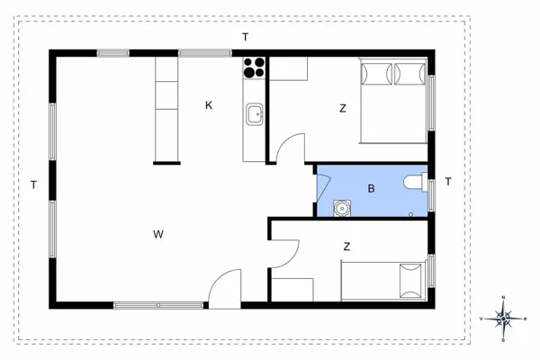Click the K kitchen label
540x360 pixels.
coord(209,105)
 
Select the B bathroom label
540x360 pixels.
coord(370,189)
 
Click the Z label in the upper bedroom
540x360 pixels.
coord(343,108)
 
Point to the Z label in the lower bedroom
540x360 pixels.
coord(346,246)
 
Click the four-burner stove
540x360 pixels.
coord(254,67)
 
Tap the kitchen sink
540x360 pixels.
coord(255,113)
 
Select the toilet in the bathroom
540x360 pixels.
coord(416,183)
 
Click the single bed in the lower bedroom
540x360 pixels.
coord(382,281)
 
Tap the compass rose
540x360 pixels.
coord(505,318)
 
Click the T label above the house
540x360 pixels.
coord(245,37)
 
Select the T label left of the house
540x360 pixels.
coord(33,185)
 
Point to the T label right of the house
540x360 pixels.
coord(447,182)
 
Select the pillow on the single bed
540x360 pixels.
coord(412,280)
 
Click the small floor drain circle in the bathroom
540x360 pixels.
coord(411,214)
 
